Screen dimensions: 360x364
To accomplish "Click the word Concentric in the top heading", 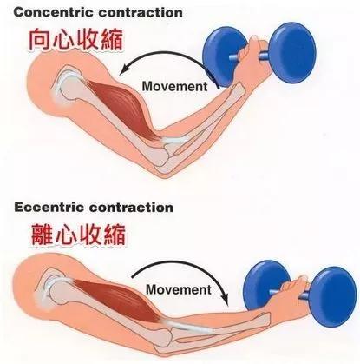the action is point(55,13).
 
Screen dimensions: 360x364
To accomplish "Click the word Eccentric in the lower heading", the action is point(49,208).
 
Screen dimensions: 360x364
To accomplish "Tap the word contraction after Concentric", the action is point(141,13).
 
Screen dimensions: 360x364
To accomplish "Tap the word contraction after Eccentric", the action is point(130,208).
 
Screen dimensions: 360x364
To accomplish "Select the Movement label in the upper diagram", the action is point(174,86).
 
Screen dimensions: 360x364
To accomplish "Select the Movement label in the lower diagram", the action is point(179,289).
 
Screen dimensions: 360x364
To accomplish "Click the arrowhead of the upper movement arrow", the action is point(125,69).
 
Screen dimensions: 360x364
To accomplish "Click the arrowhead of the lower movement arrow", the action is point(225,300).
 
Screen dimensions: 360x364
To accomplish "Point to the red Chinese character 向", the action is point(40,39).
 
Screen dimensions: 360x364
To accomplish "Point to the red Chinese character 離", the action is point(42,234).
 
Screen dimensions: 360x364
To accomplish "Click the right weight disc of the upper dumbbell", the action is point(293,53).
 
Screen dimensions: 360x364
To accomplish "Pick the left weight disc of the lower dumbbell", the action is point(263,285).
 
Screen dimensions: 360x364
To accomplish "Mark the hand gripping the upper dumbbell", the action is point(254,59).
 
